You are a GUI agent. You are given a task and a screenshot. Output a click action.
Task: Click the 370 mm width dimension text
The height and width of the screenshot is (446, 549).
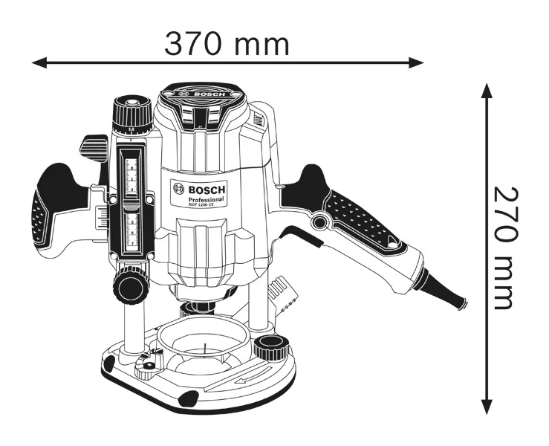[x=227, y=44]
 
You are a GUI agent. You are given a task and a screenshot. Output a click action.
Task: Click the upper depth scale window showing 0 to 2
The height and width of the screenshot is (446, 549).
[x=132, y=175]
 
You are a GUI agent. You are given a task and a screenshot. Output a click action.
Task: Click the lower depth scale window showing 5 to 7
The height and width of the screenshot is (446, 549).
[x=132, y=230]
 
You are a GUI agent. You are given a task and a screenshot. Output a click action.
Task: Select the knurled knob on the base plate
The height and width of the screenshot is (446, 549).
[x=269, y=346]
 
